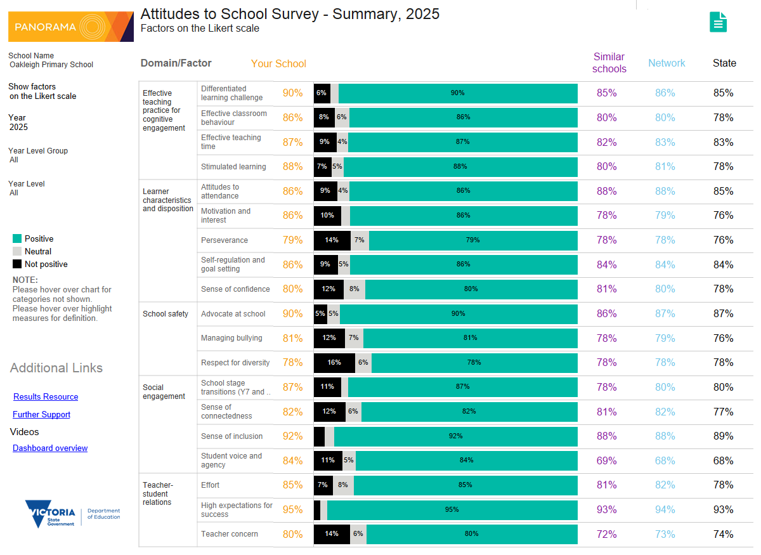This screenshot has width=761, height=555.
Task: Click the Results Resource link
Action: click(46, 397)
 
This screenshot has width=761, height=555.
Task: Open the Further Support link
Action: click(41, 415)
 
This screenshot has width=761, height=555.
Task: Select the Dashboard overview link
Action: click(50, 448)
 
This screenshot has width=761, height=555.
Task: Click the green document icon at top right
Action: click(718, 22)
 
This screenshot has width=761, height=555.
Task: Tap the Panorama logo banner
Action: click(70, 27)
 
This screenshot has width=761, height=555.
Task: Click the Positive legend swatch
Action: click(17, 239)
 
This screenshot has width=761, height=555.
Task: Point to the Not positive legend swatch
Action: click(17, 264)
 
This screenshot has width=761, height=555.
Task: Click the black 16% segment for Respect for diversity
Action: click(334, 363)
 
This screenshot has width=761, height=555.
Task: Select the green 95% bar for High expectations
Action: click(452, 510)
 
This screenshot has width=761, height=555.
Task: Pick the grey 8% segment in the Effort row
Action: click(343, 485)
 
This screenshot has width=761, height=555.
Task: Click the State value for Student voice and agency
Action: click(723, 460)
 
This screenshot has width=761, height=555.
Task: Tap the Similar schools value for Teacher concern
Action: click(606, 534)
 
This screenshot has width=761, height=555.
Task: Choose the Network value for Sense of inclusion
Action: click(665, 436)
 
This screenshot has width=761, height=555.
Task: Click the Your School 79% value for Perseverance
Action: click(292, 240)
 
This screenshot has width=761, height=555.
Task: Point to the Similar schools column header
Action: click(609, 63)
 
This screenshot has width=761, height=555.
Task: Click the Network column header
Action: click(667, 63)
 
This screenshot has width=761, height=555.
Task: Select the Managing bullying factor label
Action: click(231, 338)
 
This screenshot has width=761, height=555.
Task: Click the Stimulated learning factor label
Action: click(233, 167)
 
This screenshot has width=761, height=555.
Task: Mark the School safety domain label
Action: click(166, 314)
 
